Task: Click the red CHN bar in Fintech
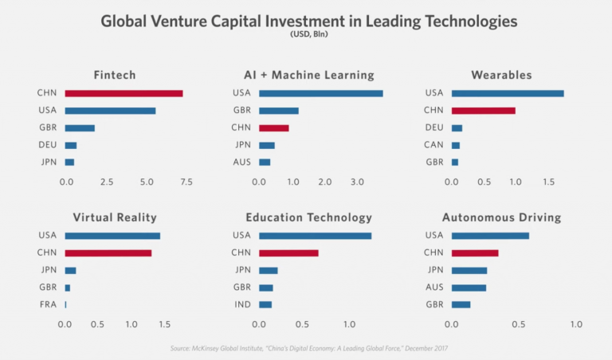(124, 93)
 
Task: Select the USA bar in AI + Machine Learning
(320, 93)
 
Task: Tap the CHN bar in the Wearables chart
(483, 110)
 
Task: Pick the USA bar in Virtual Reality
(112, 236)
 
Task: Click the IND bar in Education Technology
(265, 304)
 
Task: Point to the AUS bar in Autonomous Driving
(469, 288)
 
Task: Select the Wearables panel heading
(501, 75)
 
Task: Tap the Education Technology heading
(308, 217)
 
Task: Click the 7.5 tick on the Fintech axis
(186, 182)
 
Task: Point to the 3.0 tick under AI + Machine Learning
(357, 182)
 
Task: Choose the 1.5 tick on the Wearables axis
(549, 182)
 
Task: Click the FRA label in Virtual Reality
(47, 304)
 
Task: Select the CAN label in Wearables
(434, 145)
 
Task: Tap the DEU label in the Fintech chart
(47, 145)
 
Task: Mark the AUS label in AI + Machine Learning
(241, 162)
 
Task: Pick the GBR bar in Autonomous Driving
(461, 304)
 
